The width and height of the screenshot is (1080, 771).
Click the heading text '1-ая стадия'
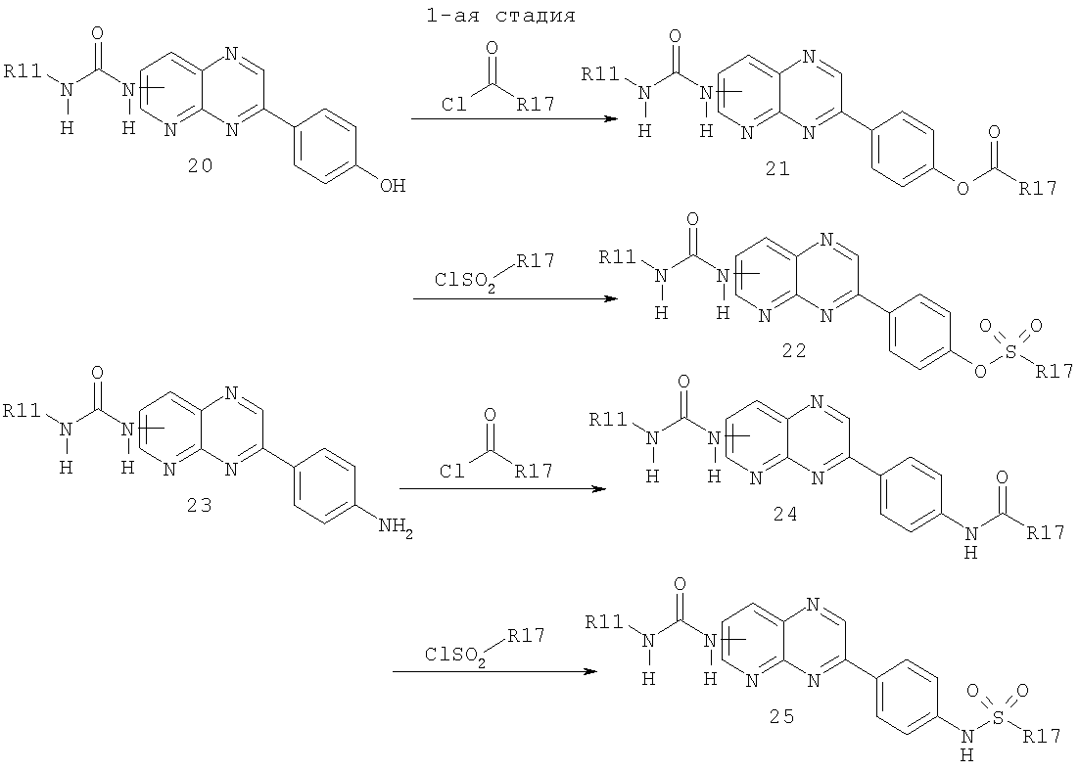click(500, 16)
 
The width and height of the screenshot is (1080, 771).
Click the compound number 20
click(198, 166)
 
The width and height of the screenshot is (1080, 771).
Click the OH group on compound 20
click(392, 185)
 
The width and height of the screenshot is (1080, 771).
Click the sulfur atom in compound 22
click(1010, 352)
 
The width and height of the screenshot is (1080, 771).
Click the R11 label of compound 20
click(23, 70)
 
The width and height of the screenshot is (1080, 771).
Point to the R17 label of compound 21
click(1037, 189)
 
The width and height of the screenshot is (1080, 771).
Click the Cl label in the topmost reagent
click(453, 105)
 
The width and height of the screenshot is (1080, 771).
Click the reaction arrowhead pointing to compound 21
click(608, 119)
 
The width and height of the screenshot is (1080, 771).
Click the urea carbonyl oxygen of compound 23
click(98, 375)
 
